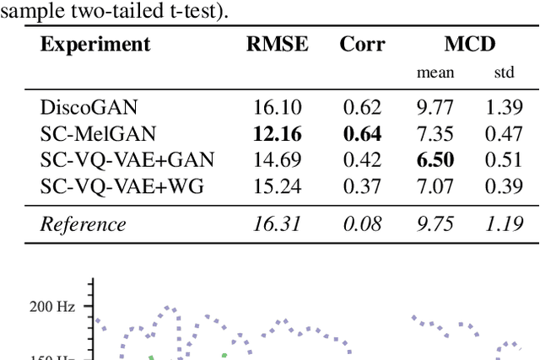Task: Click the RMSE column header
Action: [277, 45]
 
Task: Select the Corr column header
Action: [361, 45]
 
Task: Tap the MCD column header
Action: [470, 45]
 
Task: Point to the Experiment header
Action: [95, 45]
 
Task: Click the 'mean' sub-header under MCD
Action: [435, 73]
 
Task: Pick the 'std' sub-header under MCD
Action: [504, 73]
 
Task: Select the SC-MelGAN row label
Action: [94, 133]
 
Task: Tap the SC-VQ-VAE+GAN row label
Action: [127, 159]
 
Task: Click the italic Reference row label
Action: [83, 223]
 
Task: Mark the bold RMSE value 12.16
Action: [277, 133]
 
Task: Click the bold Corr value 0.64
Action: [361, 133]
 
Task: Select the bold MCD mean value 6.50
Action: [435, 159]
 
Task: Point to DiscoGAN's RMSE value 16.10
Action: [277, 107]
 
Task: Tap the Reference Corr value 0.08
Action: [361, 223]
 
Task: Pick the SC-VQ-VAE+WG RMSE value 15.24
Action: [277, 185]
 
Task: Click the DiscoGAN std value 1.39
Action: [504, 107]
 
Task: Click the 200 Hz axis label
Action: [52, 307]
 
